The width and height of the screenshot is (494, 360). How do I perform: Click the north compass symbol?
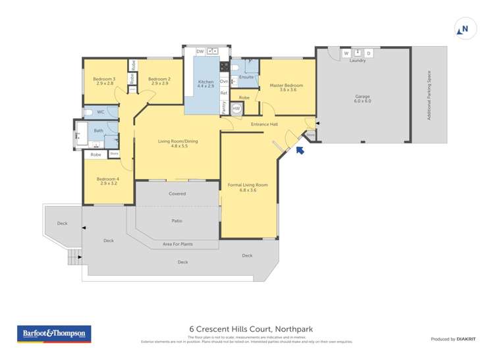coord(463,30)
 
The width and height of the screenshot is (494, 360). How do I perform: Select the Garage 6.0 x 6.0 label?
coord(362,99)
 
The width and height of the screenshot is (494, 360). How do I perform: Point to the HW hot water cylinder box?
coord(236,109)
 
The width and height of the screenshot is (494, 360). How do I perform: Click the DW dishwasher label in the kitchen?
coord(200,51)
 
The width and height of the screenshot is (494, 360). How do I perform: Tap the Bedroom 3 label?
coord(104,81)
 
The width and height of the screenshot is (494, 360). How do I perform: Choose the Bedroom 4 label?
coord(107,180)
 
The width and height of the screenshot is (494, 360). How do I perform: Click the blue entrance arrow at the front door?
coord(300,151)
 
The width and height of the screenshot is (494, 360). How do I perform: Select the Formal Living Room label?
coord(248,187)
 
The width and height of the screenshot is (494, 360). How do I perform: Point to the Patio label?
coord(177,220)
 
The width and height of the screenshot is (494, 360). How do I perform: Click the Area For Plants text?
coord(177,244)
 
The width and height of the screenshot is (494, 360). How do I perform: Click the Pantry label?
coord(224,108)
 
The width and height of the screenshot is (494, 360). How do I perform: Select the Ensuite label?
coord(246,77)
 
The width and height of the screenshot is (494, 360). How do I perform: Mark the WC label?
coord(101,112)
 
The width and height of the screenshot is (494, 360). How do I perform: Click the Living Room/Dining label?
coord(177,143)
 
